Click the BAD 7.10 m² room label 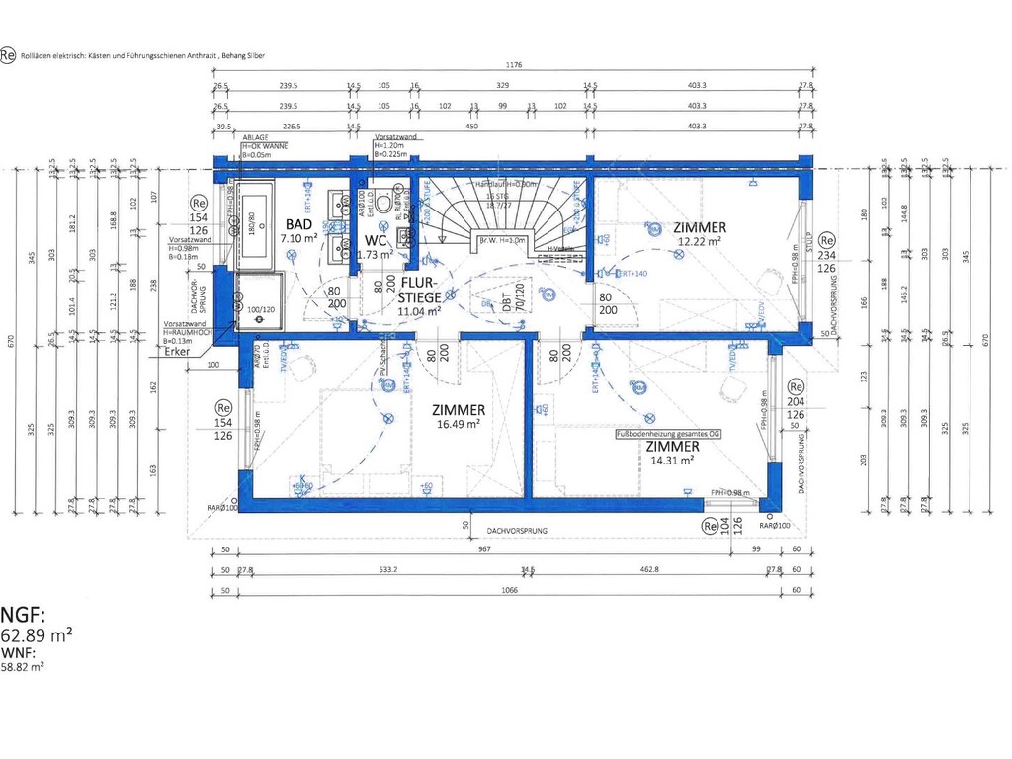pyautogui.click(x=298, y=231)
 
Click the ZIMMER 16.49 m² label pyautogui.click(x=458, y=416)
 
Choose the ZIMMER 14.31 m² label pyautogui.click(x=671, y=452)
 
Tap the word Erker pyautogui.click(x=177, y=352)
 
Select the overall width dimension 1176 pyautogui.click(x=513, y=65)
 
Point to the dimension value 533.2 pyautogui.click(x=388, y=569)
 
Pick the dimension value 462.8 pyautogui.click(x=648, y=569)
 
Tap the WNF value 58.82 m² pyautogui.click(x=23, y=667)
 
